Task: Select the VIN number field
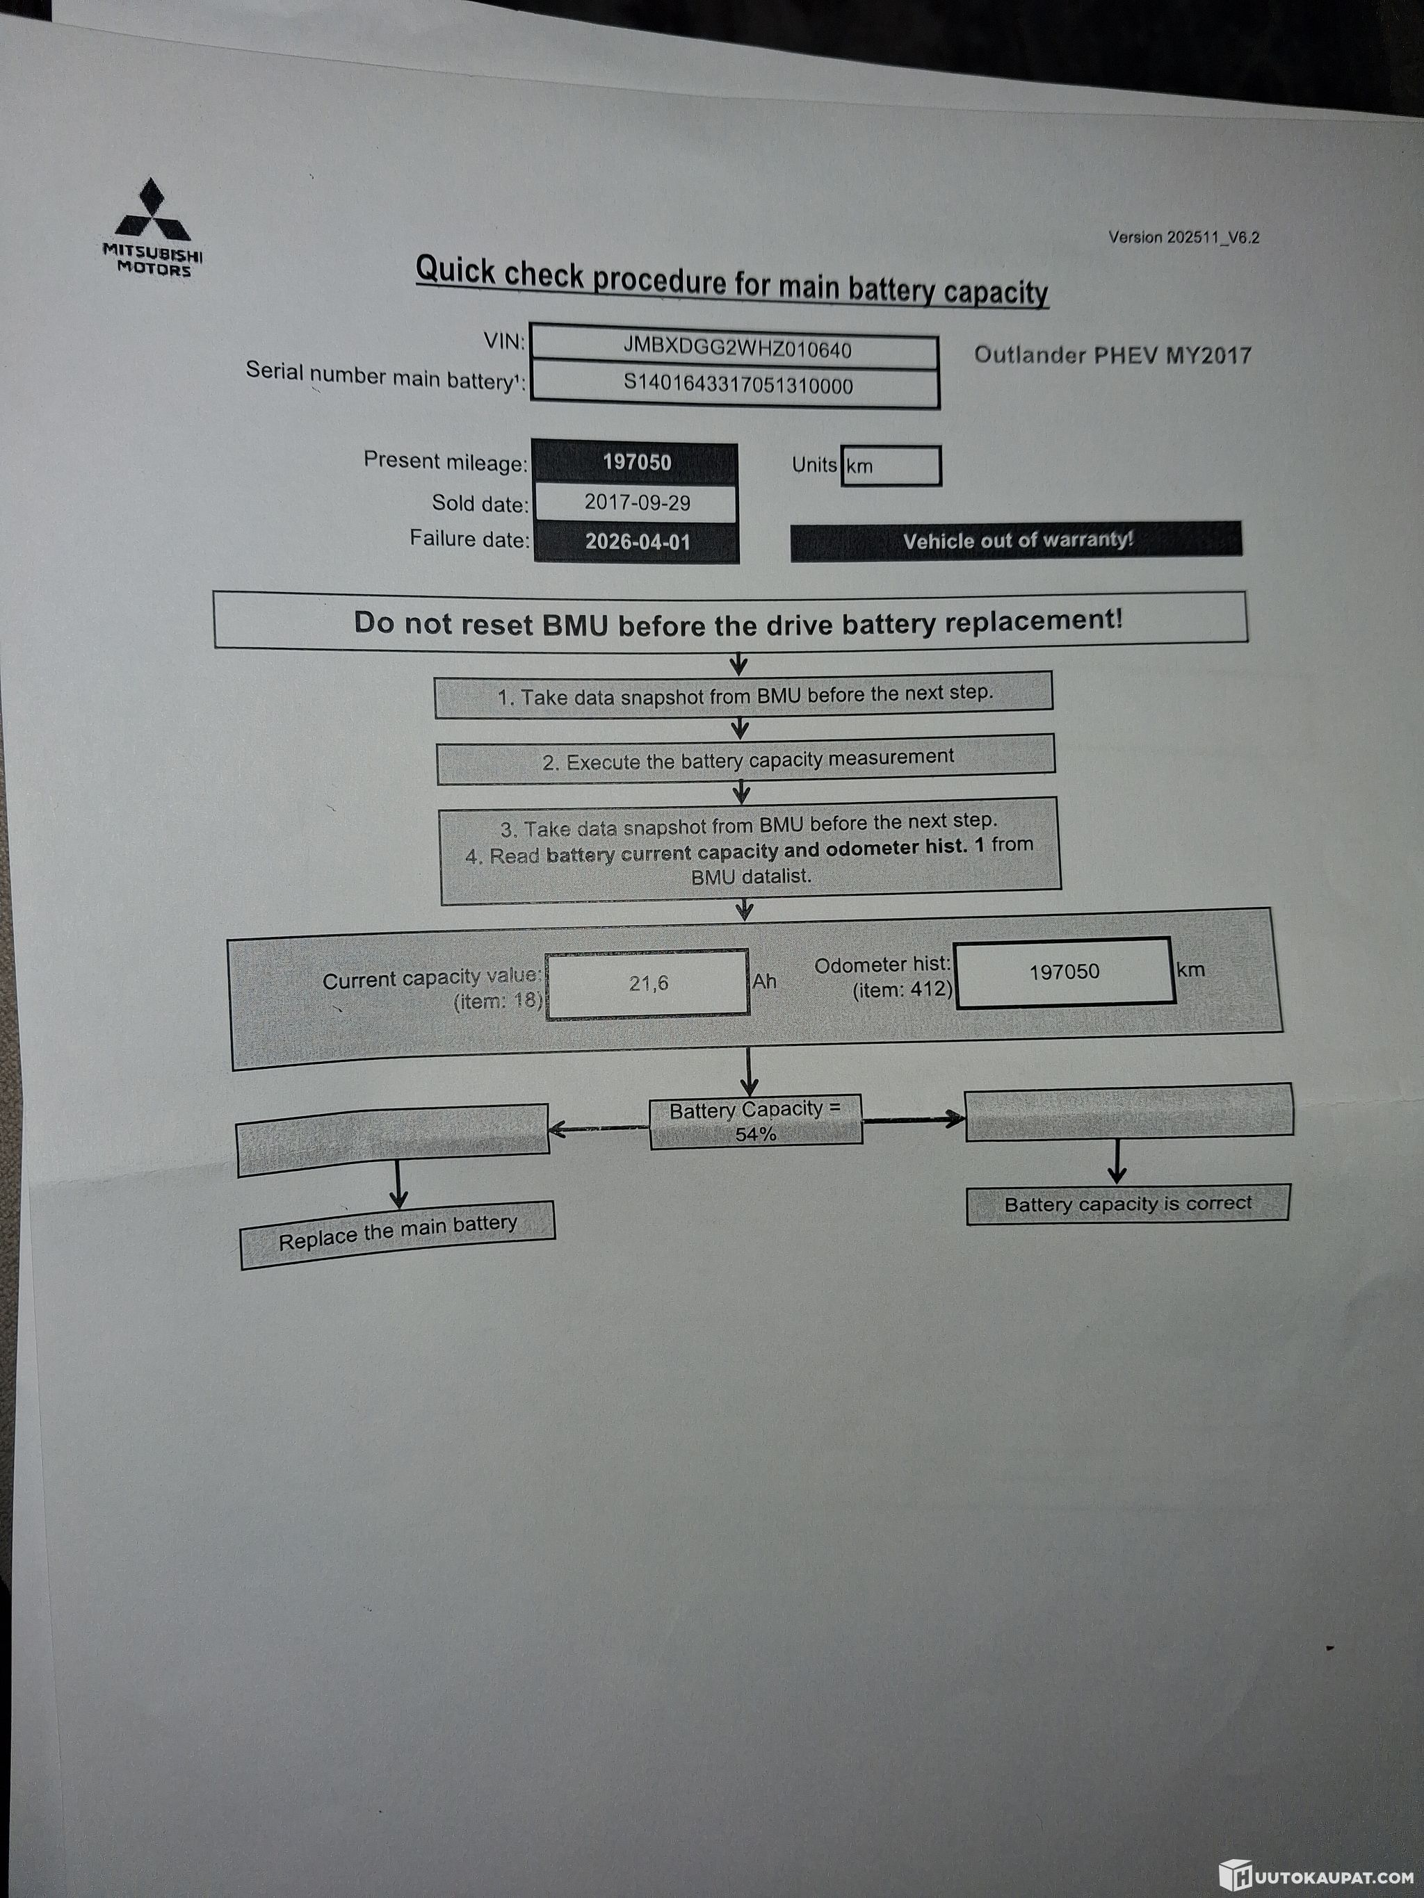pos(736,349)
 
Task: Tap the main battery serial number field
pos(736,385)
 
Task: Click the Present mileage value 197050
pos(636,462)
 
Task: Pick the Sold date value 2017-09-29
pos(637,502)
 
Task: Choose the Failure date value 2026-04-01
pos(637,542)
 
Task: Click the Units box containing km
pos(890,466)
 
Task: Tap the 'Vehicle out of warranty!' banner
pos(1017,541)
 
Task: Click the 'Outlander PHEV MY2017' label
pos(1112,355)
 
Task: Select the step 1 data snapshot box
pos(744,694)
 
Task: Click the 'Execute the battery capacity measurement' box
pos(747,760)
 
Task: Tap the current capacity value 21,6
pos(647,983)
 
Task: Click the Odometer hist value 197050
pos(1064,972)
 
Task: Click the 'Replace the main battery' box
pos(398,1233)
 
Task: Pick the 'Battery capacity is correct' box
pos(1127,1204)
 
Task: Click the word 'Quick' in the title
pos(455,270)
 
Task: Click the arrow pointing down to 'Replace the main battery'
pos(398,1185)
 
